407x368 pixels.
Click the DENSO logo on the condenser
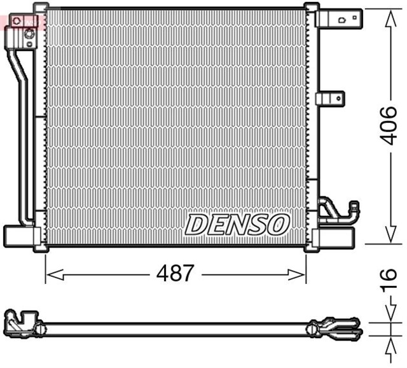pos(237,223)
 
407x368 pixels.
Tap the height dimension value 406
pos(389,126)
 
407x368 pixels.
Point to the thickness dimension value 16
pos(389,281)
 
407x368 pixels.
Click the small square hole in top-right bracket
pos(341,20)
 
